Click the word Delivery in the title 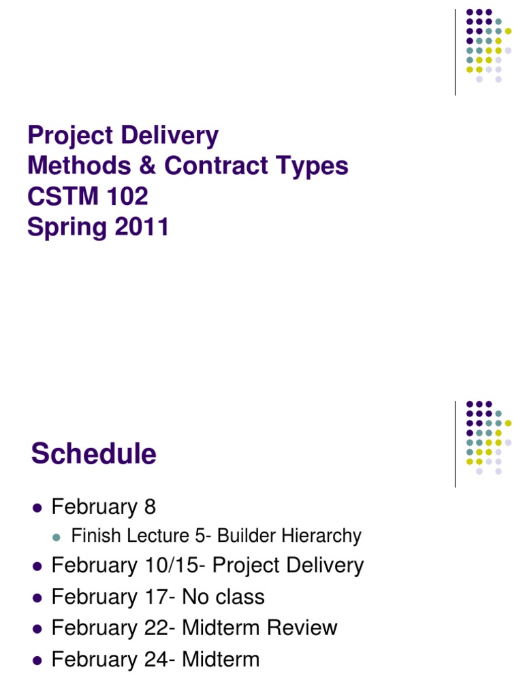[x=170, y=136]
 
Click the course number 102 [x=125, y=197]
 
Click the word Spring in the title [x=61, y=227]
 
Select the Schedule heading [x=93, y=454]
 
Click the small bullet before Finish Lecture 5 [x=58, y=537]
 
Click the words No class [x=227, y=598]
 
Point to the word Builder [x=247, y=536]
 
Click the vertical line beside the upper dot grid [x=456, y=52]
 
